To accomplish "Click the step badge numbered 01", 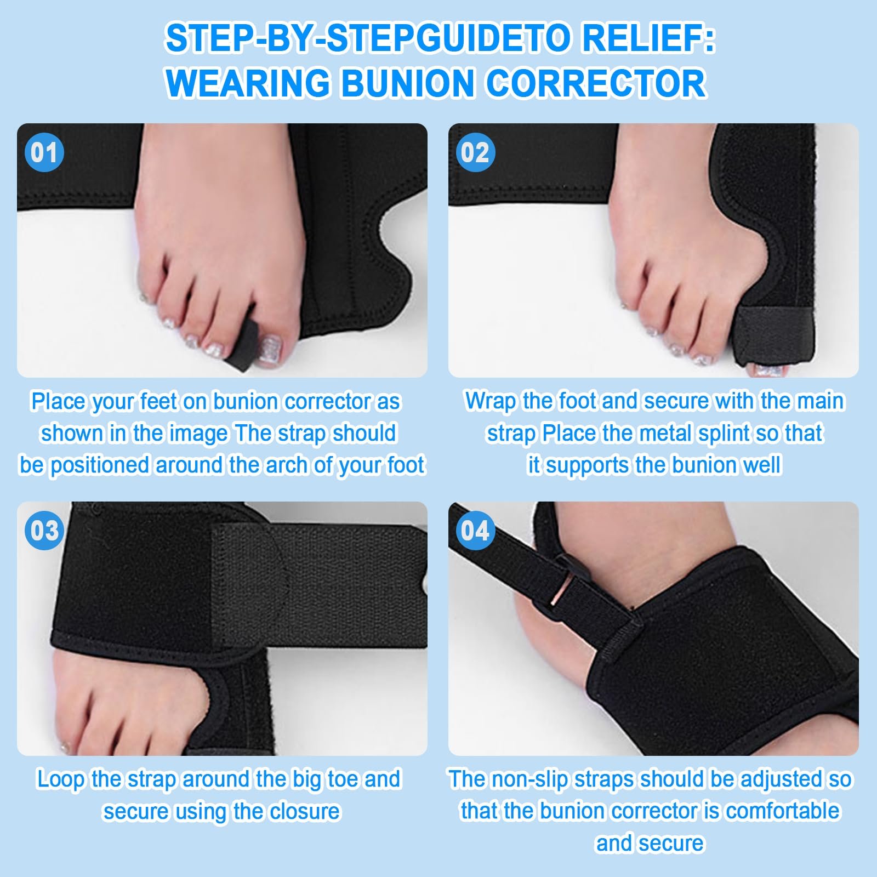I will tap(44, 152).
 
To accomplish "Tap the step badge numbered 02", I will tap(475, 152).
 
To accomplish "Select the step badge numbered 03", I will tap(44, 531).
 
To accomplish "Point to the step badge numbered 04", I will tap(475, 531).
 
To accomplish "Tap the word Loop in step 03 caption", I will tap(60, 779).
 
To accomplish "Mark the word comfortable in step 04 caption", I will tap(782, 811).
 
